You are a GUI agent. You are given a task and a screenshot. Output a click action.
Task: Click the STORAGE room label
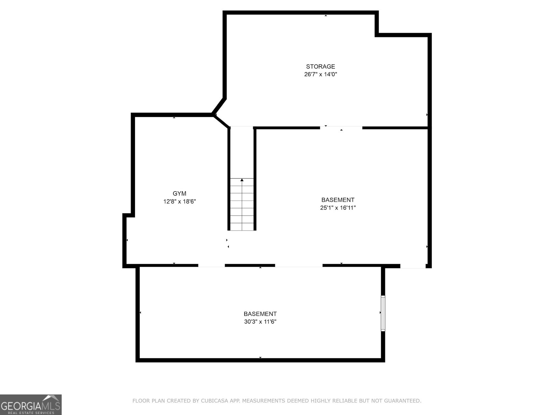point(320,66)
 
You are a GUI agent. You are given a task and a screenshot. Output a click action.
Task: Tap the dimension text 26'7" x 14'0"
point(320,74)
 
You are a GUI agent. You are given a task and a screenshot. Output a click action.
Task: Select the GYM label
point(179,194)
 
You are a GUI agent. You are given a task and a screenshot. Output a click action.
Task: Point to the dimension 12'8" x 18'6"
point(179,201)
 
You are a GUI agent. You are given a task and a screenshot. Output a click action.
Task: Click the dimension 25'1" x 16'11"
point(338,207)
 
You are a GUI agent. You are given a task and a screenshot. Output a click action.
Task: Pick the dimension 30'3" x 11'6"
point(260,322)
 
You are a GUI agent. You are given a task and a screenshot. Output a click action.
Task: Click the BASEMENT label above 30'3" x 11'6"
point(260,314)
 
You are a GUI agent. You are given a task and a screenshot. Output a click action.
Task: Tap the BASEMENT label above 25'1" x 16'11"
point(338,200)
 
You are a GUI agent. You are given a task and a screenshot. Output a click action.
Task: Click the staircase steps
point(242,206)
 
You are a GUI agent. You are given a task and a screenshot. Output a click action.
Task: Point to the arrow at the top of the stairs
point(242,180)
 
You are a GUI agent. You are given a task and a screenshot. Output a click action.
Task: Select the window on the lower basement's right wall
point(383,313)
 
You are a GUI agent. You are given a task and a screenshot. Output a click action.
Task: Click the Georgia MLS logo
point(30,404)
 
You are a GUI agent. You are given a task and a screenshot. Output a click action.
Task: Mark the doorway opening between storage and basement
point(341,128)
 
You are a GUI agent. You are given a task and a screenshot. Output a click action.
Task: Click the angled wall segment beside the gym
point(219,105)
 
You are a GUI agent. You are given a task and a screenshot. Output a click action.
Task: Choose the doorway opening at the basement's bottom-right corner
point(413,266)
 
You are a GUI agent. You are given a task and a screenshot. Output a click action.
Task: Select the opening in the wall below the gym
point(211,266)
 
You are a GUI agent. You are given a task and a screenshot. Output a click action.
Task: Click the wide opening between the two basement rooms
point(298,266)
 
